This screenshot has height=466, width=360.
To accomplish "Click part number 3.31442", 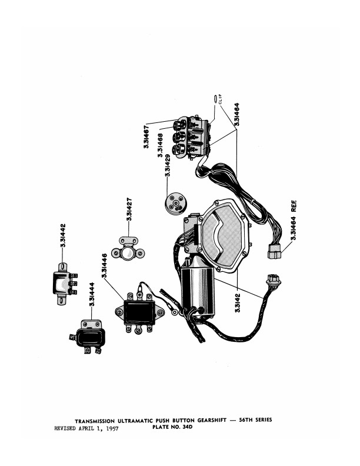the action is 63,235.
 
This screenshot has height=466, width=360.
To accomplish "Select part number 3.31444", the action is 92,294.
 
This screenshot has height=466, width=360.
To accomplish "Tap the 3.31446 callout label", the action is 104,265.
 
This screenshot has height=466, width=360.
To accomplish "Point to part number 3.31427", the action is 129,209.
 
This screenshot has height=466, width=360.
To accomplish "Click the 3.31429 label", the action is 168,165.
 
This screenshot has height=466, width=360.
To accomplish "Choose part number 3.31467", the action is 146,137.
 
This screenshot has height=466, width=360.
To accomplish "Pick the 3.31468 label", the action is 161,145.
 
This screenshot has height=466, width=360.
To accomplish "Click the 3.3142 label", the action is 238,303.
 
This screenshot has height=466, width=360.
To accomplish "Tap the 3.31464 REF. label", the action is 294,220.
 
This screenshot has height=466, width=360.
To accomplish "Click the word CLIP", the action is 220,99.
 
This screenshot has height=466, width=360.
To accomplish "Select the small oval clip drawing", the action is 215,99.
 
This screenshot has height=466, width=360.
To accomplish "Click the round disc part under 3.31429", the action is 176,204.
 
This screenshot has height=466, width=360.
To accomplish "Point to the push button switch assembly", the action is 190,137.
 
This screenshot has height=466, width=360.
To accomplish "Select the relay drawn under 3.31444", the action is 88,337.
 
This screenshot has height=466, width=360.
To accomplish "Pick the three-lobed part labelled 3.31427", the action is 128,249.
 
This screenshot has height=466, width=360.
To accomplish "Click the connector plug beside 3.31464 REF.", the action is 274,251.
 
